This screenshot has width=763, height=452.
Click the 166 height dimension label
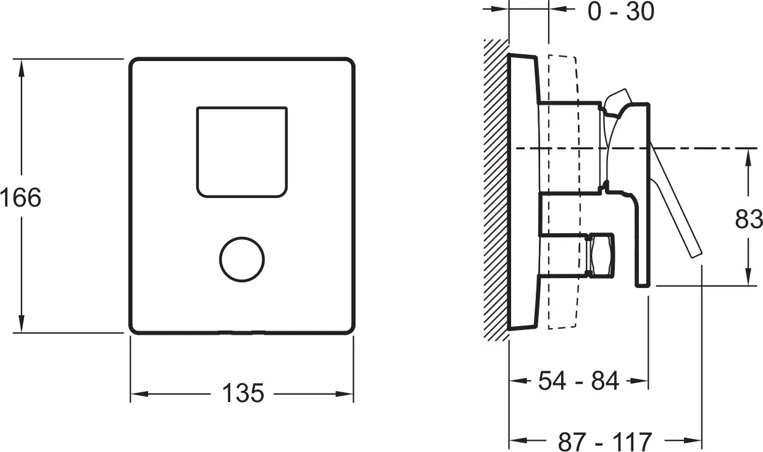[x=20, y=197]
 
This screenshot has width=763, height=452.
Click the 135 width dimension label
[x=243, y=393]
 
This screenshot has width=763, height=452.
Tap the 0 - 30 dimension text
[x=620, y=12]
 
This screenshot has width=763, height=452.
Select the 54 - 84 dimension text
[x=578, y=381]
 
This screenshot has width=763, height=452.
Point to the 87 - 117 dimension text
[x=605, y=442]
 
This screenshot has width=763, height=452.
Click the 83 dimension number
[x=749, y=219]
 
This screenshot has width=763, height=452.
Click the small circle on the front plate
[x=242, y=260]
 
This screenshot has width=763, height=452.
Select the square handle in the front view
[x=242, y=152]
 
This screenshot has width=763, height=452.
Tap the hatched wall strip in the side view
[x=496, y=191]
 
